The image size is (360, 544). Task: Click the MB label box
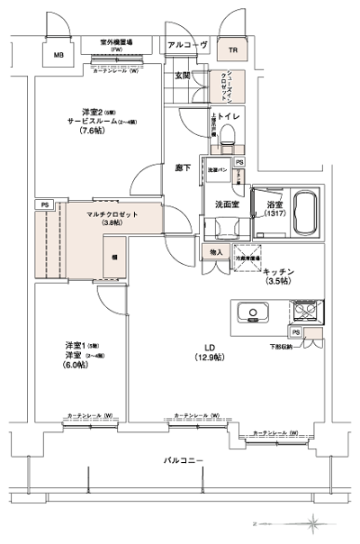[x=58, y=55]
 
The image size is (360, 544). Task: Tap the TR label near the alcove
[x=232, y=50]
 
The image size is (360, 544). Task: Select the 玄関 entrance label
[x=182, y=77]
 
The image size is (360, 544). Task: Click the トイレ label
[x=229, y=117]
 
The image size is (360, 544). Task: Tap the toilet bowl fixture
[x=229, y=136]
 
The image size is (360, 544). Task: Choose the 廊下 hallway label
[x=182, y=168]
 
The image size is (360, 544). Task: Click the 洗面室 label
[x=226, y=205]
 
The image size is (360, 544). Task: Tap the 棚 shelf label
[x=115, y=257]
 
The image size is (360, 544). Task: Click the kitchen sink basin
[x=253, y=314]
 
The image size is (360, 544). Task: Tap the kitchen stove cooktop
[x=303, y=314]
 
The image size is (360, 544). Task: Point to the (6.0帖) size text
[x=76, y=365]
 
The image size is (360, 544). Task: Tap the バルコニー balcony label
[x=183, y=461]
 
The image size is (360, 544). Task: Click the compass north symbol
[x=314, y=522]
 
